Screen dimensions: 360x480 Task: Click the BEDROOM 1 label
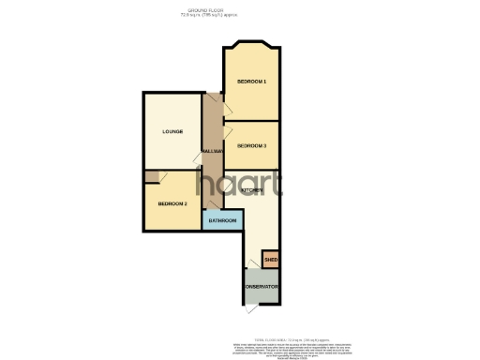tap(252, 82)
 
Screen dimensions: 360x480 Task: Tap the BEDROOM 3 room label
tap(252, 146)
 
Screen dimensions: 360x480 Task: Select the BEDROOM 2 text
tap(172, 203)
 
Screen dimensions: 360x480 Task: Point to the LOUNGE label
tap(171, 130)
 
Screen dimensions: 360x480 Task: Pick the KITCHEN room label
tap(252, 190)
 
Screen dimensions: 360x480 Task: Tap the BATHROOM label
tap(222, 220)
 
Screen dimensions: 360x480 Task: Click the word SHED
tap(270, 259)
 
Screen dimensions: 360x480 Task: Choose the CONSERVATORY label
tap(262, 286)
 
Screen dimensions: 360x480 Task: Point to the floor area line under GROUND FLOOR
tap(240, 15)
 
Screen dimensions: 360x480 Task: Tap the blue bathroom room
tap(222, 225)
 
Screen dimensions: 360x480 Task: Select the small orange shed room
tap(270, 254)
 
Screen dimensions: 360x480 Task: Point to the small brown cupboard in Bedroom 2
tap(150, 176)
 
